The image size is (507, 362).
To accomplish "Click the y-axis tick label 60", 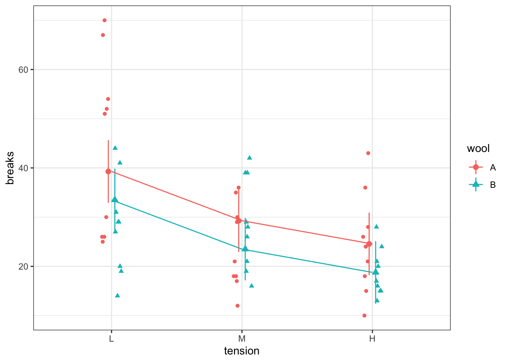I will point(23,70).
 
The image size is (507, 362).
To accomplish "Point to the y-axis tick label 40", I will point(23,168).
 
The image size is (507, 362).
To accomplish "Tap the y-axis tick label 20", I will point(23,267).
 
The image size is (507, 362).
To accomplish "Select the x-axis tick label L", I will point(111,339).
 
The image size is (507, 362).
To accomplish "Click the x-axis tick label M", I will point(242,339).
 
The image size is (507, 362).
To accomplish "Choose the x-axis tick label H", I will point(372,339).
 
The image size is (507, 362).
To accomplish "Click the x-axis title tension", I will point(242,351).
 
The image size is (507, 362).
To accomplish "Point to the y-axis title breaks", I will point(10,168).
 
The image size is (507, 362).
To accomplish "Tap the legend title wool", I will point(478,149).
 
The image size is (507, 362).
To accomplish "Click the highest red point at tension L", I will point(104,20).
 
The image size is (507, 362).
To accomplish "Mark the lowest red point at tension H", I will point(364,316).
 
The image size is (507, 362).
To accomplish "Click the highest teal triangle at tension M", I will point(249,158).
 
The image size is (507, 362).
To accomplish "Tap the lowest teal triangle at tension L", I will point(117,295).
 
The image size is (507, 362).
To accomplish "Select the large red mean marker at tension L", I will point(108,171).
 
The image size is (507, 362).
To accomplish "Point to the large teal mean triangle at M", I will point(245,248).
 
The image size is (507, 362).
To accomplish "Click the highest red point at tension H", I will point(368,153).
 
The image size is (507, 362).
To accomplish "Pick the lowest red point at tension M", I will point(237,306).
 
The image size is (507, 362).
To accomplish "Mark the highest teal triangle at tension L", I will point(115,148).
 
